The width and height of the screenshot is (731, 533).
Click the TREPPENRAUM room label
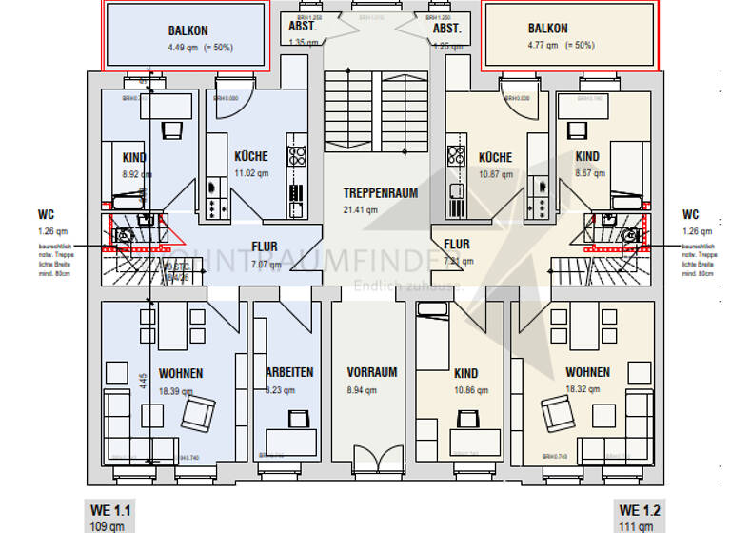tap(381, 193)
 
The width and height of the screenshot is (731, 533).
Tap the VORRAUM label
tap(372, 372)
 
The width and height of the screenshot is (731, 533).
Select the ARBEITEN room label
tap(290, 372)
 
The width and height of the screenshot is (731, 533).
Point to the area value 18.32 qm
tap(587, 389)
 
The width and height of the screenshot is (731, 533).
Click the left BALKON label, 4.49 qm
tap(188, 30)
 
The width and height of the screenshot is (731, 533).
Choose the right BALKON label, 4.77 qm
tap(547, 30)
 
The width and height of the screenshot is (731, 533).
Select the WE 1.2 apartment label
tap(640, 511)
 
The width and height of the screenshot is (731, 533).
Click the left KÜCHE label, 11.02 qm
tap(251, 156)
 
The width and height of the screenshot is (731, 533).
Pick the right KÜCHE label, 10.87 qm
tap(495, 157)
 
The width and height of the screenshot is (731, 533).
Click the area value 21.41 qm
tap(361, 209)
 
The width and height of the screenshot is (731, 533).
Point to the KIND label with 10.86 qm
tap(466, 374)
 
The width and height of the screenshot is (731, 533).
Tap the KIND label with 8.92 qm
tap(133, 158)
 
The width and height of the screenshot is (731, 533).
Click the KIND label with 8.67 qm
tap(587, 157)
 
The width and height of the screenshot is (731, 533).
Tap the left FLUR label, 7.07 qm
tap(265, 247)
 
